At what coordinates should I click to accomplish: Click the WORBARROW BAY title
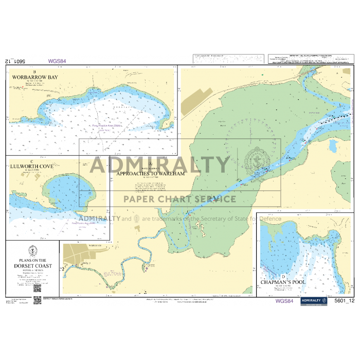pyautogui.click(x=35, y=78)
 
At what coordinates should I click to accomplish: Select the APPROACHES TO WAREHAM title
pyautogui.click(x=150, y=174)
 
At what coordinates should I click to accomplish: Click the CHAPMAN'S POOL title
pyautogui.click(x=283, y=282)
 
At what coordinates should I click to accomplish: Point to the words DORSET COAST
pyautogui.click(x=33, y=266)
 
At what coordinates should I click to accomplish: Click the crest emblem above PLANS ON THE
pyautogui.click(x=33, y=251)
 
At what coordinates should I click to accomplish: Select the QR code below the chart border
pyautogui.click(x=37, y=300)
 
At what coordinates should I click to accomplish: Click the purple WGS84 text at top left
pyautogui.click(x=57, y=61)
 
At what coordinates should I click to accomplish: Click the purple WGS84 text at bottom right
pyautogui.click(x=284, y=301)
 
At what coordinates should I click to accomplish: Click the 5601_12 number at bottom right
pyautogui.click(x=344, y=301)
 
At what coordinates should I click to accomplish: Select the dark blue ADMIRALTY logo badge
pyautogui.click(x=314, y=302)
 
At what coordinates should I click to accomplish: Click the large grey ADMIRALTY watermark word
pyautogui.click(x=159, y=165)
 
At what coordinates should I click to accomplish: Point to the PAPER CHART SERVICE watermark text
pyautogui.click(x=179, y=199)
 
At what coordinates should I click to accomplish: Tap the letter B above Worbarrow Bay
pyautogui.click(x=34, y=71)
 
